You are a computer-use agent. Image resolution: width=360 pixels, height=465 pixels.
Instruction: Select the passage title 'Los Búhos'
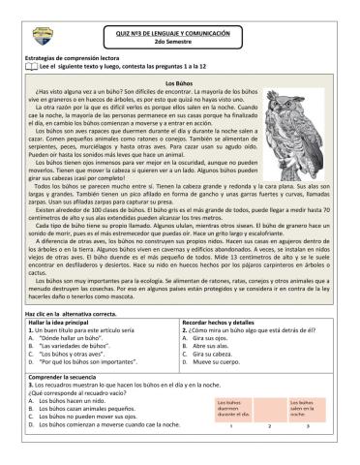[x=179, y=84]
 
